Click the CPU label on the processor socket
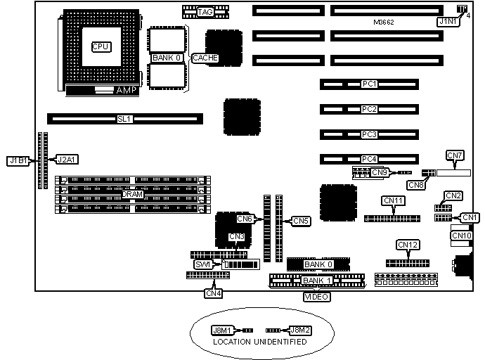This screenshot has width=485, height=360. (101, 46)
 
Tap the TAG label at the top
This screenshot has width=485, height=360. (205, 12)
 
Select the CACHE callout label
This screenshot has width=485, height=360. (205, 58)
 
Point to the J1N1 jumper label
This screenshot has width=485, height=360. (447, 22)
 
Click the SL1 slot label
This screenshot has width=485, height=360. (124, 120)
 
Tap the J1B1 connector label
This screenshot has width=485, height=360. (18, 160)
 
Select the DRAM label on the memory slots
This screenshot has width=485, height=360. (133, 194)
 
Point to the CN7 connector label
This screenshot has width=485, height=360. (455, 155)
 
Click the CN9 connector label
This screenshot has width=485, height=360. (379, 172)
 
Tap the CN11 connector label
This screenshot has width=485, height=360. (394, 201)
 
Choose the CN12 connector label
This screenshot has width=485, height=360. (408, 245)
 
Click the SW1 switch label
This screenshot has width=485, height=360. (204, 264)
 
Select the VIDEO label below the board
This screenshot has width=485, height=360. (316, 296)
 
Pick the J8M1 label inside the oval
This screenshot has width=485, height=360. (222, 329)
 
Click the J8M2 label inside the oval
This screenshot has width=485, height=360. (301, 329)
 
